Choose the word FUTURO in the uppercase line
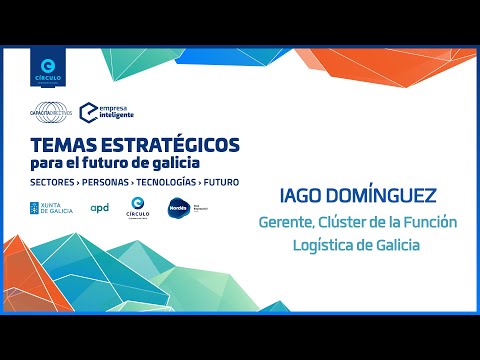click(x=226, y=183)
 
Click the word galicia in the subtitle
click(x=174, y=163)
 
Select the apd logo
click(x=100, y=208)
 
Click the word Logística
click(x=318, y=246)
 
